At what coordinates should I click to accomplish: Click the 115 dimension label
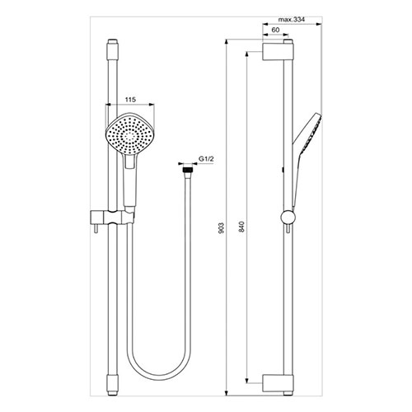tap(130, 100)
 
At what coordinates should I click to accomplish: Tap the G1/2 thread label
tap(206, 159)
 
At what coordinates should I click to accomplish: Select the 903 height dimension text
tap(222, 228)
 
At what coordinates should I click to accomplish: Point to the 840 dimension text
tap(241, 227)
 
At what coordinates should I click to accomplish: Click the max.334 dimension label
tap(292, 20)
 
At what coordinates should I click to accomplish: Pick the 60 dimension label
tap(275, 30)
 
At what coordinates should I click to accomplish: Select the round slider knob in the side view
tap(288, 218)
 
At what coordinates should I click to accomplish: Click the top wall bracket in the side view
tap(278, 51)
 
